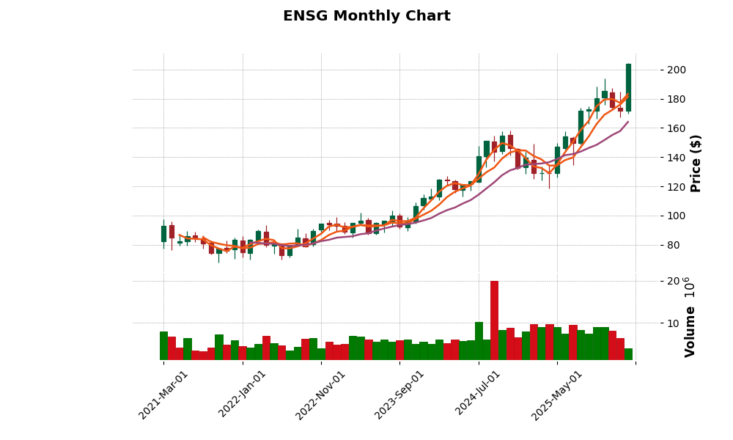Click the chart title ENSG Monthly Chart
[x=366, y=16]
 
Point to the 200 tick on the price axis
[x=656, y=70]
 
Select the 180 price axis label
[x=656, y=100]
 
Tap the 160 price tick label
[x=656, y=128]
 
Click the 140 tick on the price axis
[x=656, y=158]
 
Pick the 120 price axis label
[x=656, y=187]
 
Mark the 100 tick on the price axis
[x=656, y=216]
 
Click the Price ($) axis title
[x=696, y=163]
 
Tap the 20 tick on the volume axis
[x=652, y=282]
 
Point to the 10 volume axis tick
[x=652, y=323]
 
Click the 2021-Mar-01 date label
[x=163, y=395]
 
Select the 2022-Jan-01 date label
[x=243, y=395]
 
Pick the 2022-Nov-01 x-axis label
[x=320, y=395]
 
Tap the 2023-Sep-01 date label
[x=399, y=395]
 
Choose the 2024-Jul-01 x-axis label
[x=479, y=395]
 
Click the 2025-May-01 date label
[x=557, y=395]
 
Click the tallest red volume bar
[x=494, y=320]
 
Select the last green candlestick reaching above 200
[x=628, y=88]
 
